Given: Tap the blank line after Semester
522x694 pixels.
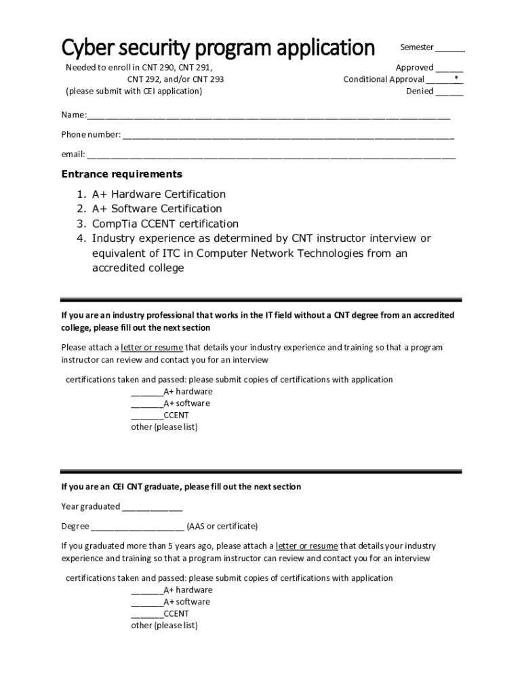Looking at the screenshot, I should point(449,48).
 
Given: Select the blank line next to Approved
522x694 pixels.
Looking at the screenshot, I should point(449,68).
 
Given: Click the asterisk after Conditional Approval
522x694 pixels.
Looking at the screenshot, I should point(456,79).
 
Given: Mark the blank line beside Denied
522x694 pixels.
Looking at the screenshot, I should point(449,91).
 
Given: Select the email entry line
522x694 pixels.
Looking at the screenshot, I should point(271,155).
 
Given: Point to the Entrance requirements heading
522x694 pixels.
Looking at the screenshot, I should point(122,174).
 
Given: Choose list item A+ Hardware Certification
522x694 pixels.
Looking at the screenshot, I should point(159,195).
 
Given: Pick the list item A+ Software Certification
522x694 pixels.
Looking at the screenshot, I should point(157,209).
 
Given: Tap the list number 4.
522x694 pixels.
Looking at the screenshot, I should point(80,239).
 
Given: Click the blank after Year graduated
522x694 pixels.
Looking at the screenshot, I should point(152,507).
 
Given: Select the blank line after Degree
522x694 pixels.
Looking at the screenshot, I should point(137,527).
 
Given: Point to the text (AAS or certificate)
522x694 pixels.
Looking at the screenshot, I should point(222,527).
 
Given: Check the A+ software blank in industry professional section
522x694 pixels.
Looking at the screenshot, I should point(146,404).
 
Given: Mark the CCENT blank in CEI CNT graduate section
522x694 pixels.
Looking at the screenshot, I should point(146,614).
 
